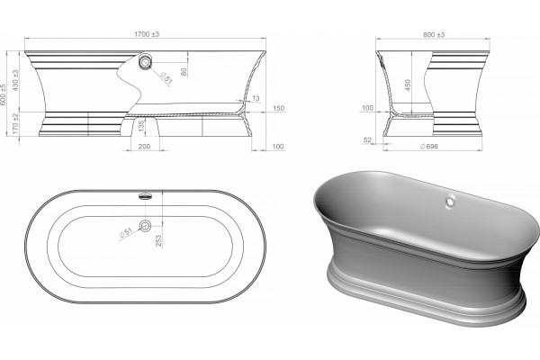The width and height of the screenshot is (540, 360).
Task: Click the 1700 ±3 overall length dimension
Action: [x=147, y=34]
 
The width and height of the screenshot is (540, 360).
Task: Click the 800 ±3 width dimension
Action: [x=434, y=34]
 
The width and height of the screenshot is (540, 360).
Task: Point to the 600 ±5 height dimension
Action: [x=4, y=94]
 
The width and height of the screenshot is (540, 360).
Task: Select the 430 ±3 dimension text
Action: [x=15, y=80]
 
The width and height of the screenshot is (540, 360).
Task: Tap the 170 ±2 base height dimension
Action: [x=15, y=123]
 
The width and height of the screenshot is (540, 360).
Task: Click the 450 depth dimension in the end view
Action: [x=408, y=85]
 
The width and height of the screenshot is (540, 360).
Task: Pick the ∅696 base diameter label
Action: [x=429, y=147]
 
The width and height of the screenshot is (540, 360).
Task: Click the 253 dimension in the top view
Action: [x=158, y=240]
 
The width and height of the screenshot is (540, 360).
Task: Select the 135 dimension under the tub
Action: [x=141, y=126]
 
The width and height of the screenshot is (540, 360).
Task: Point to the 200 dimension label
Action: [x=144, y=147]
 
